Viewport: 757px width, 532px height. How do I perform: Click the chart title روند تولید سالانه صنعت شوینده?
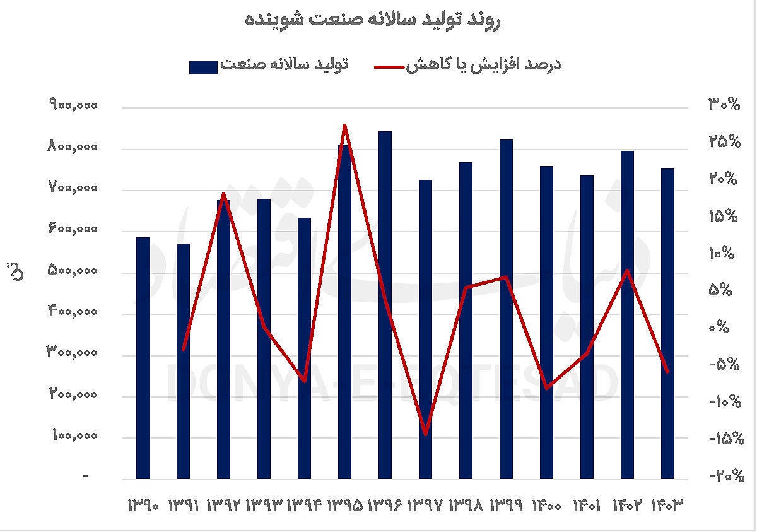tap(373, 20)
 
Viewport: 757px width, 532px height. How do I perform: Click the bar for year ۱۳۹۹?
tap(506, 309)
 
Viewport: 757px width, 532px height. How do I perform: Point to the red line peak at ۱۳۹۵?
tap(344, 126)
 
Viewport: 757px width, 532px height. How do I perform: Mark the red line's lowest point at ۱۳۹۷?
tap(426, 434)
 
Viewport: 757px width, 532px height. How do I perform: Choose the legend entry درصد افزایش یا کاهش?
tap(483, 66)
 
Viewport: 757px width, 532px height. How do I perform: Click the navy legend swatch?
tap(203, 67)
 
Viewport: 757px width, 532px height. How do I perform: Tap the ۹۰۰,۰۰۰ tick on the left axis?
tap(73, 106)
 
